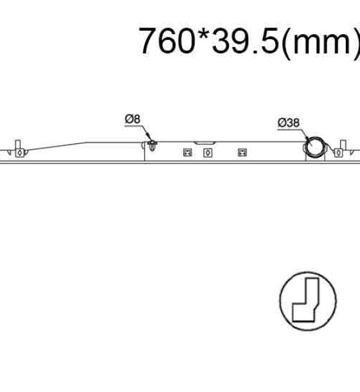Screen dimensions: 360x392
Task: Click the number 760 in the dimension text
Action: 167,40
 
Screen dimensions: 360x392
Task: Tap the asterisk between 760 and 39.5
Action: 204,34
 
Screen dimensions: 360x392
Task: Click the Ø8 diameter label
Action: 132,119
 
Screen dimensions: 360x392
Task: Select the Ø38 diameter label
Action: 289,123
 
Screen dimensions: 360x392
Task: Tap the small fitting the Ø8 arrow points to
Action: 152,145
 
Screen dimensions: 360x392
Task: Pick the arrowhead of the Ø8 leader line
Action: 149,138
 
